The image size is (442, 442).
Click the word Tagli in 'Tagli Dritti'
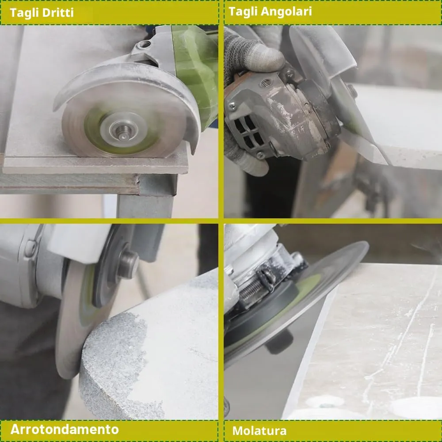pos(24,13)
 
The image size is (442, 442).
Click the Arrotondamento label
pos(65,429)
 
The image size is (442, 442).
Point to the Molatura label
pos(259,431)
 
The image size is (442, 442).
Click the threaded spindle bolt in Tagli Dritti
pos(124,131)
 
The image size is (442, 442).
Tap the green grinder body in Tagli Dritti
pos(196,70)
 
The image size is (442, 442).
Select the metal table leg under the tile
pos(145,203)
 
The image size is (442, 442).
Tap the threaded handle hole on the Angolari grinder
pos(266,83)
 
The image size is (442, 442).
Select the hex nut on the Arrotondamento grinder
pos(128,265)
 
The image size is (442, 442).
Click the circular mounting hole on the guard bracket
pos(145,44)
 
